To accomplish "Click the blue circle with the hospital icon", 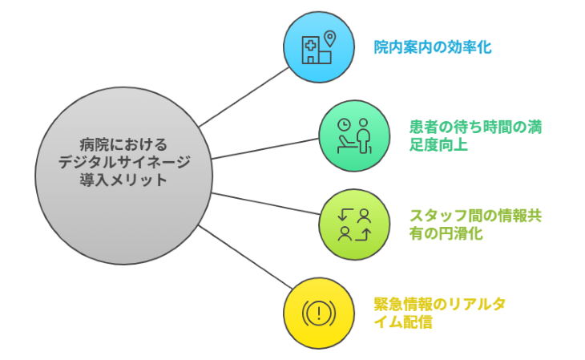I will (x=318, y=47).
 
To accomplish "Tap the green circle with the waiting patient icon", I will (x=353, y=136).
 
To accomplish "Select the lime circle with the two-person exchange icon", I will (x=353, y=224).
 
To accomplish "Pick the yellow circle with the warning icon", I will (x=318, y=312).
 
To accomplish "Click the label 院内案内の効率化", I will (x=433, y=47).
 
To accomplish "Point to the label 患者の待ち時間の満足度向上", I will (x=466, y=136).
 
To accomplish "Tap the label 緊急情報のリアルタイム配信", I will (x=440, y=313).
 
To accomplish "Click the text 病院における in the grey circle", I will (x=123, y=144).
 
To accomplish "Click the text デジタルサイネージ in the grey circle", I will (x=123, y=162).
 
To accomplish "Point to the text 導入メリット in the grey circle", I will (x=123, y=180).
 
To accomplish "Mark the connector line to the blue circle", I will (x=244, y=97).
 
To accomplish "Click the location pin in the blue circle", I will (x=328, y=38).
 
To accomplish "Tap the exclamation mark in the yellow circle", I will (x=318, y=312).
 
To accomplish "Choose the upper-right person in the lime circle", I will (x=365, y=214).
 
